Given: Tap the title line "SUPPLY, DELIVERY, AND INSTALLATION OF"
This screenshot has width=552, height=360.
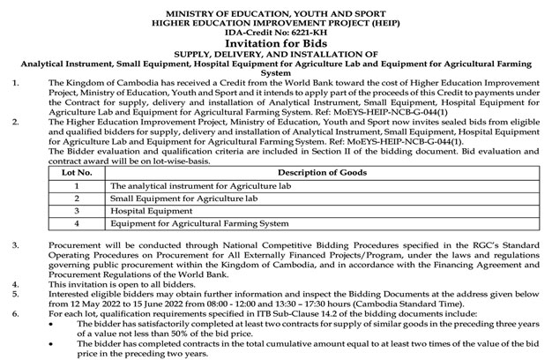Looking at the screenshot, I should (x=276, y=54).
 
